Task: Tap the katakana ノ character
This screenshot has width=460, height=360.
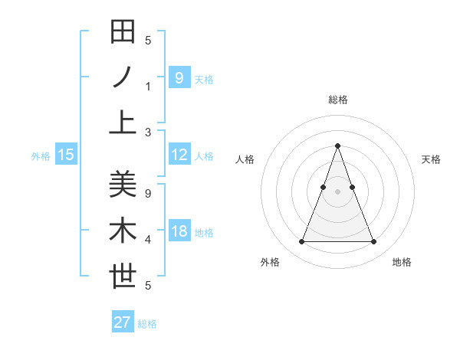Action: tap(123, 77)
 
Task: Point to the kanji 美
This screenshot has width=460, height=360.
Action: tap(123, 184)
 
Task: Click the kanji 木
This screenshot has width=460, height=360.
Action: tap(123, 231)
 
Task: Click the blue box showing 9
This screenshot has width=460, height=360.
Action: tap(179, 77)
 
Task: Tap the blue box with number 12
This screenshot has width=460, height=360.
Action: tap(179, 155)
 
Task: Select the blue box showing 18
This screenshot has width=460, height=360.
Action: tap(179, 232)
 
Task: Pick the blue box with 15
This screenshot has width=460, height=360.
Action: tap(66, 155)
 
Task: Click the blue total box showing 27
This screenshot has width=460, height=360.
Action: tap(123, 322)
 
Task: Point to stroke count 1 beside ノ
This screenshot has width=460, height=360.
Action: tap(148, 87)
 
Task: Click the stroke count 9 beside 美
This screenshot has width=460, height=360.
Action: tap(148, 194)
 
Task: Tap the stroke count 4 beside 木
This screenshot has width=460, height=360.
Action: tap(148, 240)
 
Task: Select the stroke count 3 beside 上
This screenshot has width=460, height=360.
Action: tap(148, 133)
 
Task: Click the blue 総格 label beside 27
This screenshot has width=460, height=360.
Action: tap(147, 324)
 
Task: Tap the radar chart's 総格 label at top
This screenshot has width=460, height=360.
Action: tap(337, 100)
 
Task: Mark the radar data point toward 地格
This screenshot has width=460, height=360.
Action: tap(373, 242)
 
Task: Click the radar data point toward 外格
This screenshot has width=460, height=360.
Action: tap(301, 242)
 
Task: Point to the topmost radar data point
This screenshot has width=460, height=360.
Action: tap(337, 146)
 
